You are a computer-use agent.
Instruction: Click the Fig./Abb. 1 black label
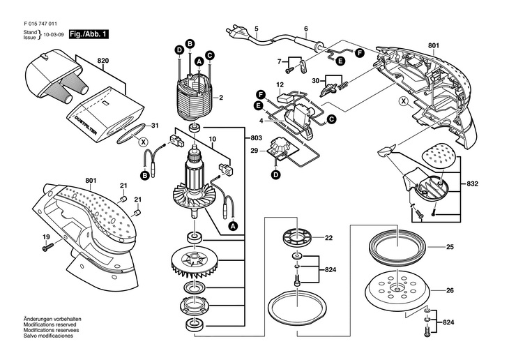(x=89, y=34)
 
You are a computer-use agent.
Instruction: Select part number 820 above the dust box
(x=103, y=61)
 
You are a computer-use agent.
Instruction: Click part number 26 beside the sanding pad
(x=450, y=291)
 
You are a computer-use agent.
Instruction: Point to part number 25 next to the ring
(x=450, y=247)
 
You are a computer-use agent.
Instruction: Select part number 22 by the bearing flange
(x=329, y=238)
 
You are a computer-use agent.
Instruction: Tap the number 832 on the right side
(x=472, y=184)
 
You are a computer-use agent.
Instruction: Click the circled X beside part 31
(x=143, y=142)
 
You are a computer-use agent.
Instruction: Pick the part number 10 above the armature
(x=212, y=139)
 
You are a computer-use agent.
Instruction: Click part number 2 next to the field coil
(x=221, y=98)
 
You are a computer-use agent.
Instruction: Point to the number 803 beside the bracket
(x=256, y=138)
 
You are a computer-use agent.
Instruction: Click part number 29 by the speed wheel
(x=254, y=151)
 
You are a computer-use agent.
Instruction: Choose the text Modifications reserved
(x=50, y=324)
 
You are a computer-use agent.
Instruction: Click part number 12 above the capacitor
(x=280, y=85)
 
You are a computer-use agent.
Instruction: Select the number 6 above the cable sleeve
(x=306, y=29)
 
